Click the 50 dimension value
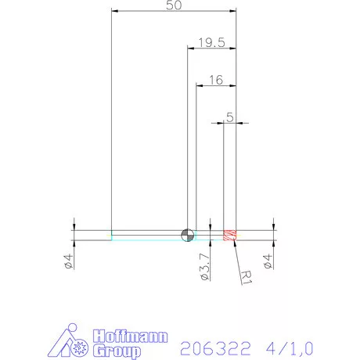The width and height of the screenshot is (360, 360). (174, 5)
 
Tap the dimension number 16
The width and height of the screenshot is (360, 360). (217, 80)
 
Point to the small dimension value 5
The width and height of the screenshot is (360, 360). (229, 117)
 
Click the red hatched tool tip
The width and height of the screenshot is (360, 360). (230, 235)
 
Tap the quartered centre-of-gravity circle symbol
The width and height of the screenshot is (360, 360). (187, 235)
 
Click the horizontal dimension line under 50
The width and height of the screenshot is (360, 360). (174, 12)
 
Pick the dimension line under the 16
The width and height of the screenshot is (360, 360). (217, 86)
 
